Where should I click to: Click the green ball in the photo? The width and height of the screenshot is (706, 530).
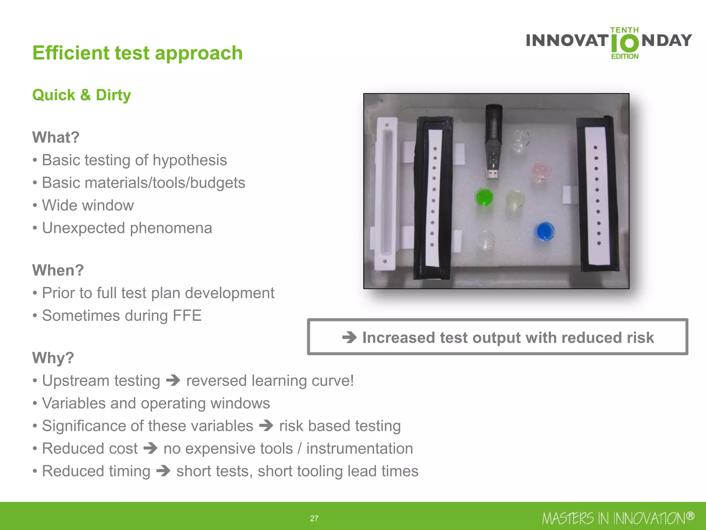point(484,197)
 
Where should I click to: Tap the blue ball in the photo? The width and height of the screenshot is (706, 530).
point(545,231)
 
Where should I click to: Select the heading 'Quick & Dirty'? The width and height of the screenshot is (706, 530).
point(82,95)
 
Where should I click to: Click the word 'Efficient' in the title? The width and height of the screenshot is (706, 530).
point(71,53)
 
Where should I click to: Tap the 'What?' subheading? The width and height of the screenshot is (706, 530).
point(56,137)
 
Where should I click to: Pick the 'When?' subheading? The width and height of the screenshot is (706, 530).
point(58,270)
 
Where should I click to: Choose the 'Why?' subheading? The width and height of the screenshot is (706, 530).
point(53,358)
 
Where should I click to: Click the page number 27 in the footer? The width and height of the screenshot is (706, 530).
point(314,518)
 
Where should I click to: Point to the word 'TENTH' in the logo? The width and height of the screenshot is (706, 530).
point(624,30)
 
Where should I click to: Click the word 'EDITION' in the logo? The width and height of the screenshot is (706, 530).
point(625,56)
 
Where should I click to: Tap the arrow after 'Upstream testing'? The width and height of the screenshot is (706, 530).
point(173,381)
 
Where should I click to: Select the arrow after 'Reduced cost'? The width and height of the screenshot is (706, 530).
point(150,448)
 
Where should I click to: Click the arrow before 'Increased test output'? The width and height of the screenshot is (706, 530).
point(349,337)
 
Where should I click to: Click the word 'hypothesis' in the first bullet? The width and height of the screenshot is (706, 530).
point(190,160)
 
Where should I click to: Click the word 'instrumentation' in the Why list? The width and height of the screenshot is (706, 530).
point(360,448)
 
